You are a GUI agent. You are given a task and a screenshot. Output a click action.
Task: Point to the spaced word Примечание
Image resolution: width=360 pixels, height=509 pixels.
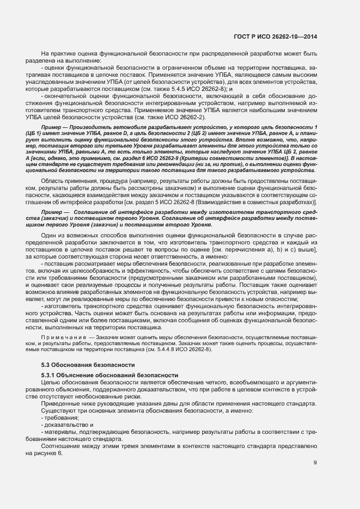coord(59,338)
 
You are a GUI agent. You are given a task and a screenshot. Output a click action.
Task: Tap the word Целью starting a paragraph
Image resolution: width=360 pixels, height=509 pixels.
coord(51,385)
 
